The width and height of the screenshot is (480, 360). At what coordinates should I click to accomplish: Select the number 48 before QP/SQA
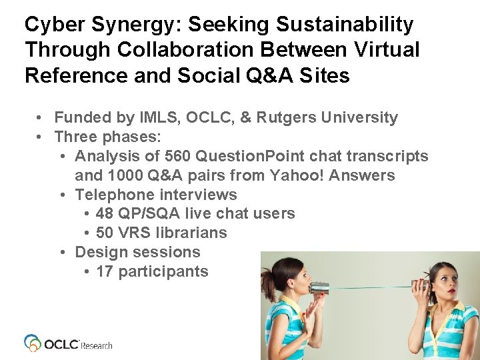105,213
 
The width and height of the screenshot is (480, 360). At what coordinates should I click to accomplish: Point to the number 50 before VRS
105,233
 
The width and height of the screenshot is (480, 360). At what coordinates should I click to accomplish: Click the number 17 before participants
105,271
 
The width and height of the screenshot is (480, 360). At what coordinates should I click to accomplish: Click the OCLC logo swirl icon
33,343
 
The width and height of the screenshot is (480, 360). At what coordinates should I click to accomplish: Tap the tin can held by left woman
318,289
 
